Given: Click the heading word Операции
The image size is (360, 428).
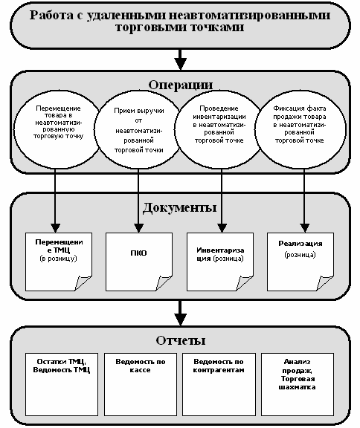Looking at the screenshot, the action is pos(180,85).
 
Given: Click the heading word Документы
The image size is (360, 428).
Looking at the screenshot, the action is pos(179,207).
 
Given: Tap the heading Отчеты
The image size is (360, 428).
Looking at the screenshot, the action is pos(181,340).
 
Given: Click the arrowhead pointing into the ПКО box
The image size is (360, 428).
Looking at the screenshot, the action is pos(138,228).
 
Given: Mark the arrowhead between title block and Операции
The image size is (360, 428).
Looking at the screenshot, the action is pos(180,64).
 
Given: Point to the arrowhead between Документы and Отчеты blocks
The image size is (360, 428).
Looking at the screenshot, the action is pos(180,319).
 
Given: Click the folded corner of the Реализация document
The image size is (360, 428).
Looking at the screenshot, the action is pos(324,283).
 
